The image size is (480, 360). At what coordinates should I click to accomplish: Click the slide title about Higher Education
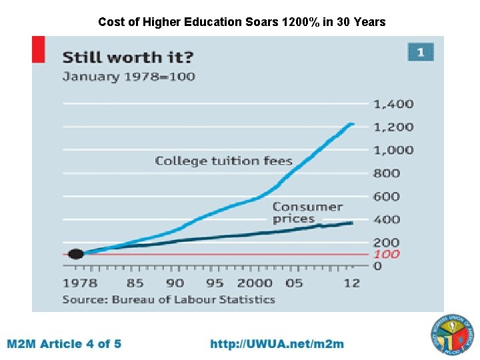(241, 22)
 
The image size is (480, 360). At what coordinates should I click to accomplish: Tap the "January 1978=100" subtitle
(129, 77)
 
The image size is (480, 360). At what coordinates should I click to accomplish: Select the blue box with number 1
(421, 52)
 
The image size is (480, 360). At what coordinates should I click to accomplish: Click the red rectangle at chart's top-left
(38, 49)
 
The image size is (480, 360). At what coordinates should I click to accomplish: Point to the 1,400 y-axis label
(393, 104)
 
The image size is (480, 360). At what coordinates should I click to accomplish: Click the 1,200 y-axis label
(393, 127)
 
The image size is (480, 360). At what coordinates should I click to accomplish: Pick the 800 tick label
(387, 173)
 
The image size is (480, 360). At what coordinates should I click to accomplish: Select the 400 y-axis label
(387, 219)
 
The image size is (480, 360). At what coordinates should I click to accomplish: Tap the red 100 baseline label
(386, 255)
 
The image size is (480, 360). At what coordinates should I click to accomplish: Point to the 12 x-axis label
(351, 283)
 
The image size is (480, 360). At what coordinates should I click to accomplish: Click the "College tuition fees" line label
(223, 161)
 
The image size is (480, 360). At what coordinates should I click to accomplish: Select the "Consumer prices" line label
(307, 213)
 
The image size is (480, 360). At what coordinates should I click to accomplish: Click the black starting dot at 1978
(76, 253)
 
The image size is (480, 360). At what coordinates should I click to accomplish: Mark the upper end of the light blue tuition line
(352, 123)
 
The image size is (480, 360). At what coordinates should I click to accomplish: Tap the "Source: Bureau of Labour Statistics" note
(168, 299)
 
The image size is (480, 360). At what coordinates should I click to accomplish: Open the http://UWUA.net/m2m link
(277, 344)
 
